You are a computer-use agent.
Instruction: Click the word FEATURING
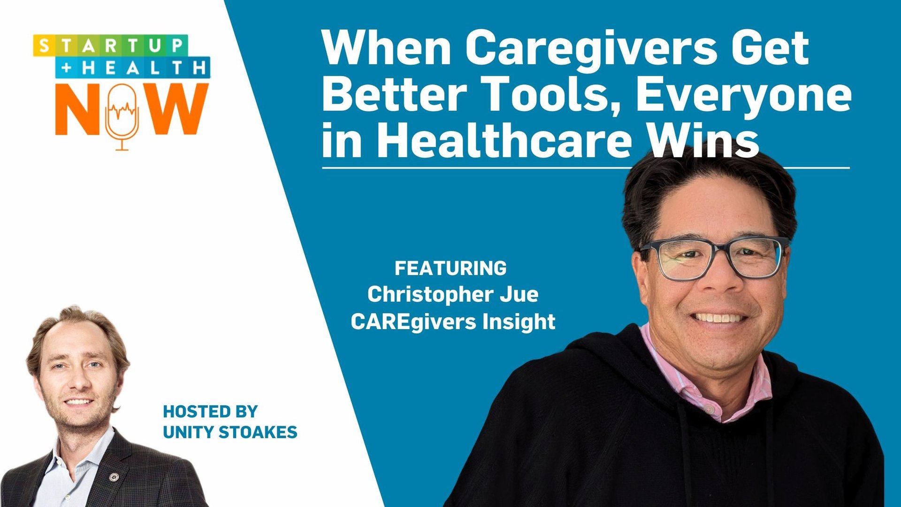point(450,269)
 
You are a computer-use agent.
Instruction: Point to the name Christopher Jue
point(452,295)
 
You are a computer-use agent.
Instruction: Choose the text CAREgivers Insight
point(453,322)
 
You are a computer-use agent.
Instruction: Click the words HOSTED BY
point(210,412)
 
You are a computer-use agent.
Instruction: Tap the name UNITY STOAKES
point(230,432)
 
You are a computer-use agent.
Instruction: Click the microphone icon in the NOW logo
point(122,115)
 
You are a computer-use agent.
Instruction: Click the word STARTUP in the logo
point(110,46)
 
